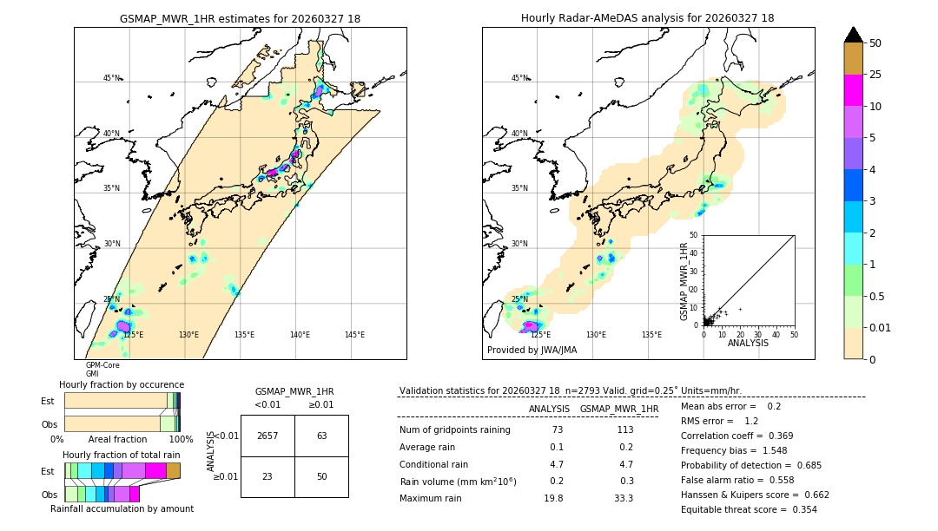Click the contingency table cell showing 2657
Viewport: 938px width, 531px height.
268,436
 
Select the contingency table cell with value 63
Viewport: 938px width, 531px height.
321,436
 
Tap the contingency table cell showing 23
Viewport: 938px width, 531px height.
268,476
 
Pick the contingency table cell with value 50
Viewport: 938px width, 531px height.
321,476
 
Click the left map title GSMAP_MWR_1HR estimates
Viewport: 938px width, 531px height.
240,18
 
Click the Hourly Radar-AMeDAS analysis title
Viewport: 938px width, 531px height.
648,18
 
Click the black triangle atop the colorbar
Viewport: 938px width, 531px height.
853,35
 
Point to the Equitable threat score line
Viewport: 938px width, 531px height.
749,509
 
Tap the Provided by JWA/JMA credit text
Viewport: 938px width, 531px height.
532,350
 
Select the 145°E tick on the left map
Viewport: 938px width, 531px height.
354,335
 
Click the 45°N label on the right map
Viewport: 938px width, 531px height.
519,78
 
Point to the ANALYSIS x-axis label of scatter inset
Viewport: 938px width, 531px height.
748,343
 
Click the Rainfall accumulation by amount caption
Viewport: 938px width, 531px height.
122,508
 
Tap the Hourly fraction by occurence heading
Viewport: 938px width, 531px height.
122,384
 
